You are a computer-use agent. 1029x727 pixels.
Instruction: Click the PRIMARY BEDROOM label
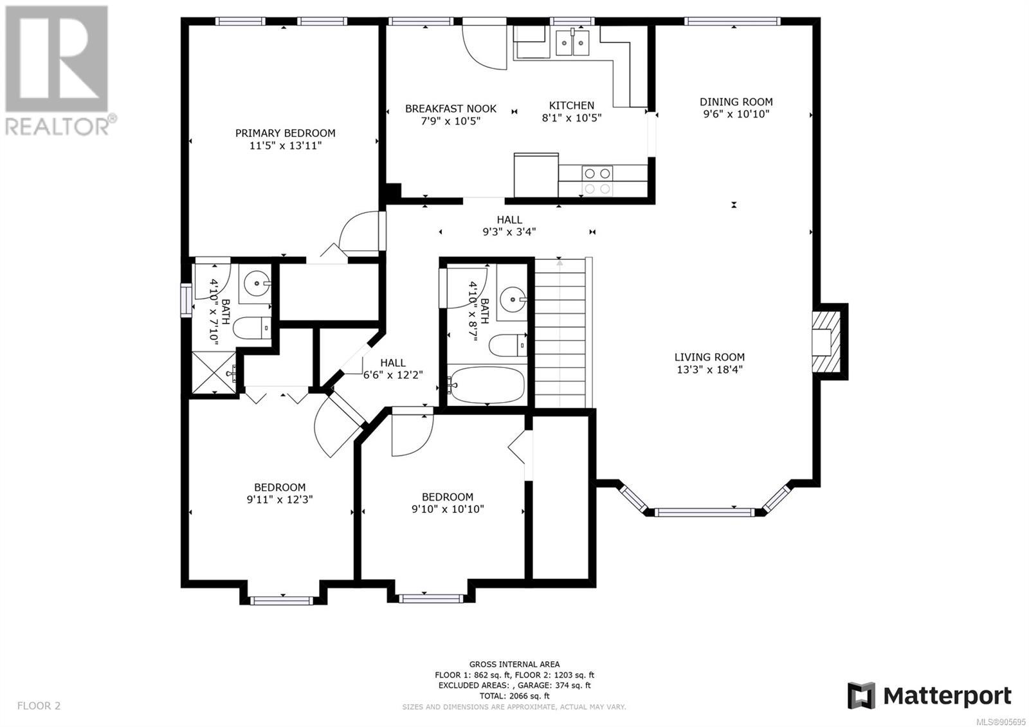[x=285, y=133]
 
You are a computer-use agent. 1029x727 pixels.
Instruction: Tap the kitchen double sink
[x=572, y=42]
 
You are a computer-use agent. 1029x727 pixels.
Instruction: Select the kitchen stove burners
[x=597, y=181]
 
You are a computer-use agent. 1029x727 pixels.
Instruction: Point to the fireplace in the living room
[x=826, y=342]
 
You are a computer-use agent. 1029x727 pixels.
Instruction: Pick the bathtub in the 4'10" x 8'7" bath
[x=487, y=385]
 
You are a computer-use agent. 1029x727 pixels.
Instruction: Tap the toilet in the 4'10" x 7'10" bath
[x=251, y=328]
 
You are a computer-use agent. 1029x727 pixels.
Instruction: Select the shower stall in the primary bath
[x=214, y=373]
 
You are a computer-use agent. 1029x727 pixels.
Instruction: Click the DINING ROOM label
[x=736, y=102]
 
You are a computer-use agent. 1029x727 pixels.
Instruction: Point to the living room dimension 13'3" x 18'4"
[x=709, y=369]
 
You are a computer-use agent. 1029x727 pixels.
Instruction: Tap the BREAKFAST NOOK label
[x=451, y=109]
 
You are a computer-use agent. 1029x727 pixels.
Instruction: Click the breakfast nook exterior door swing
[x=485, y=44]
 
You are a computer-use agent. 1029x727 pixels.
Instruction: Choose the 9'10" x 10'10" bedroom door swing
[x=412, y=435]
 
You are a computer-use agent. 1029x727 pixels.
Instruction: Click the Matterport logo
[x=929, y=696]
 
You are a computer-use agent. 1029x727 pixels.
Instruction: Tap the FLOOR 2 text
[x=39, y=705]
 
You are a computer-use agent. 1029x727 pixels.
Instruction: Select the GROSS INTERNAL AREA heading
[x=514, y=664]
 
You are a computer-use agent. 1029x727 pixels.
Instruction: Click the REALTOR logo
[x=60, y=71]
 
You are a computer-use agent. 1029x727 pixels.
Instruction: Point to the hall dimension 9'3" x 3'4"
[x=509, y=232]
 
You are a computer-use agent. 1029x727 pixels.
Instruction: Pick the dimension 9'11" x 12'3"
[x=280, y=499]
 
